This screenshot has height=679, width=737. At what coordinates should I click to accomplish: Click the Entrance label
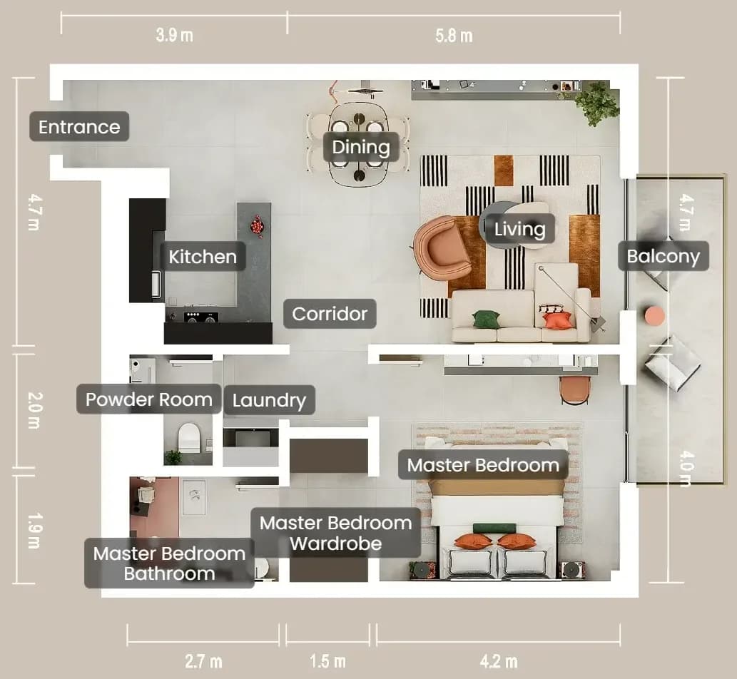tap(79, 126)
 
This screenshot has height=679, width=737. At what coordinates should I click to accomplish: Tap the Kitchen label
tap(203, 257)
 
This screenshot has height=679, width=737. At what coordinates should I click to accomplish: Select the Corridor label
tap(330, 313)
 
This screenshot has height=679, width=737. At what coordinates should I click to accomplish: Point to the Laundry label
tap(269, 400)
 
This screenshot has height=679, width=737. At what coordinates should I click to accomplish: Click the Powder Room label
tap(148, 399)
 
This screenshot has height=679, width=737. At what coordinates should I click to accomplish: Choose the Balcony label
tap(664, 256)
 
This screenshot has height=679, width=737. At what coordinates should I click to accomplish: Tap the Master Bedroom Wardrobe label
tap(335, 533)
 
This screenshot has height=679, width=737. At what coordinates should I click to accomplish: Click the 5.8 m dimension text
tap(454, 36)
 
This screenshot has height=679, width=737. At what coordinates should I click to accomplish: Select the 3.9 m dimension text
tap(174, 35)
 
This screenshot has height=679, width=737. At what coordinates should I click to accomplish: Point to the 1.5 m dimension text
tap(327, 661)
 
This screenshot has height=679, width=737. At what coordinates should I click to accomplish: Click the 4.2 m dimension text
tap(499, 661)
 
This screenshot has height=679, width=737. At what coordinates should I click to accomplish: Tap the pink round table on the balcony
tap(654, 316)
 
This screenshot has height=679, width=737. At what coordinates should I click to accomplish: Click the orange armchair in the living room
tap(442, 248)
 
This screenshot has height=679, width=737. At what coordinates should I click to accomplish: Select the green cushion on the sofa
tap(486, 320)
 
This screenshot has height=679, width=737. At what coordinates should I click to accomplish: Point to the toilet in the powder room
tap(189, 438)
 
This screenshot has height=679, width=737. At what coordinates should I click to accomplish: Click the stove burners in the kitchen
tap(200, 317)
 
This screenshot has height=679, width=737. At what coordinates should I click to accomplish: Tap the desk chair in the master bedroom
tap(574, 390)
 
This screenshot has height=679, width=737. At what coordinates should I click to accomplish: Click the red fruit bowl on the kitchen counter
tap(257, 225)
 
